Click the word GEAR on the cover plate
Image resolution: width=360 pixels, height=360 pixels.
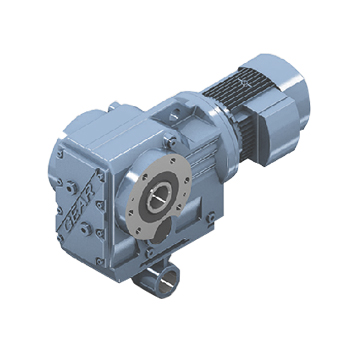click(80, 206)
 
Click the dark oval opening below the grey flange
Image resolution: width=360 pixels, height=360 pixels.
click(162, 231)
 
